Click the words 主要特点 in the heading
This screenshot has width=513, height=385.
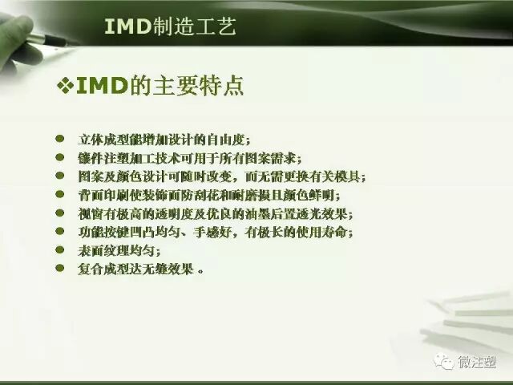(x=210, y=86)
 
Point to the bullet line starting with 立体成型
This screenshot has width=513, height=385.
(x=160, y=139)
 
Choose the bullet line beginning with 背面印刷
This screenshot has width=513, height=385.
(x=208, y=195)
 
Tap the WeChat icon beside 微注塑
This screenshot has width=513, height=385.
(x=444, y=362)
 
